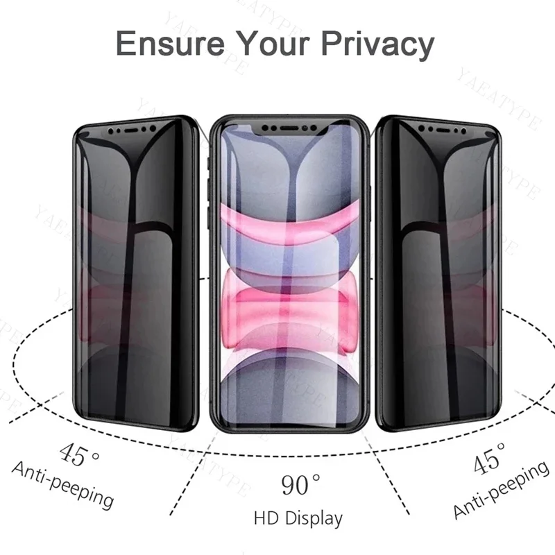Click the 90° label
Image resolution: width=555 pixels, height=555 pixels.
[300, 484]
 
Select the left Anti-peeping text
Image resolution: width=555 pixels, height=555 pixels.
[62, 485]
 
